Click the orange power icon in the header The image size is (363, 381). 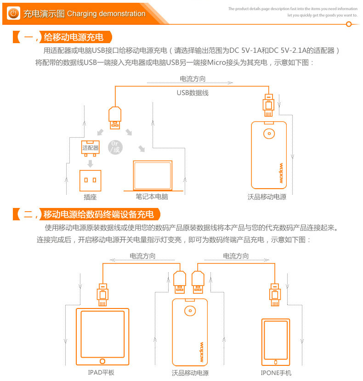(x=13, y=13)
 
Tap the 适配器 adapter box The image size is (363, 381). (x=90, y=147)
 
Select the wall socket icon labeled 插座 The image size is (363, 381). (x=90, y=180)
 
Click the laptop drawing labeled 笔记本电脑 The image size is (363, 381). (x=153, y=176)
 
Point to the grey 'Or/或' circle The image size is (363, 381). (x=115, y=147)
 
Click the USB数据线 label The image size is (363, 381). (x=193, y=93)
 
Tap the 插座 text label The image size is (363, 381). (x=90, y=197)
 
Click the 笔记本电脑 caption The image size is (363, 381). (x=152, y=196)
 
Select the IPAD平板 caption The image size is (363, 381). (x=101, y=372)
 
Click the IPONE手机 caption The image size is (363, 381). (x=276, y=373)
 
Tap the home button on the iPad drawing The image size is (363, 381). (x=102, y=361)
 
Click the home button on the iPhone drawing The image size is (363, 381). (x=276, y=362)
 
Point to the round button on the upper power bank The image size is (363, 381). (x=269, y=134)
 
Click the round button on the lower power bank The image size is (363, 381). (x=190, y=310)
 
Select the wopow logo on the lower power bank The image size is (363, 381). (x=201, y=353)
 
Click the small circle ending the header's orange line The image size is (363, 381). (x=349, y=24)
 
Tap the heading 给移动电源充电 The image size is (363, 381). (x=74, y=37)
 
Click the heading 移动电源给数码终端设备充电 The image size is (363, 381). (x=98, y=214)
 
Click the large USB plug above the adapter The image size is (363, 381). (x=115, y=118)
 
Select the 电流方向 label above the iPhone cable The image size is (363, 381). (x=236, y=256)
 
